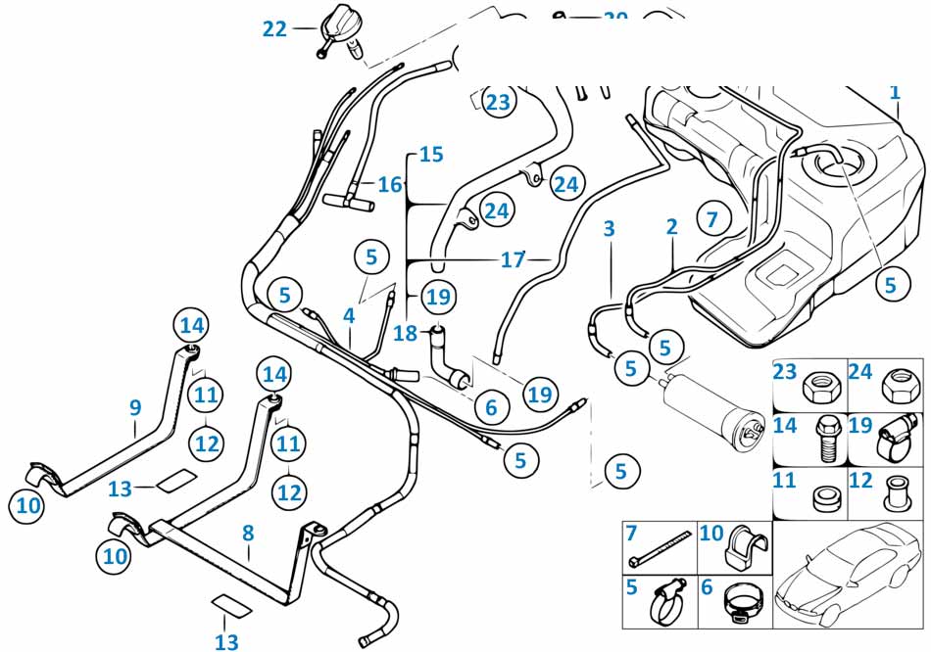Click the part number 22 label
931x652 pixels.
(x=273, y=29)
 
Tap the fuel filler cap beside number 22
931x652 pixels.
(x=338, y=27)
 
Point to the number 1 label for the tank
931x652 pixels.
(x=894, y=92)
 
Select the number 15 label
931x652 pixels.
(x=431, y=155)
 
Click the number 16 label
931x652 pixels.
(x=390, y=184)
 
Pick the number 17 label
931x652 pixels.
(x=514, y=260)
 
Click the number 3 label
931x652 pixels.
(x=609, y=229)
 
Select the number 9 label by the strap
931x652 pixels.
(x=135, y=406)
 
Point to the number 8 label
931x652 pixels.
(x=248, y=534)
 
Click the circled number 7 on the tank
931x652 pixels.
(x=712, y=218)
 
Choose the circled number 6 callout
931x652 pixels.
(x=491, y=406)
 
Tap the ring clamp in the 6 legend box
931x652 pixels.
(x=743, y=603)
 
